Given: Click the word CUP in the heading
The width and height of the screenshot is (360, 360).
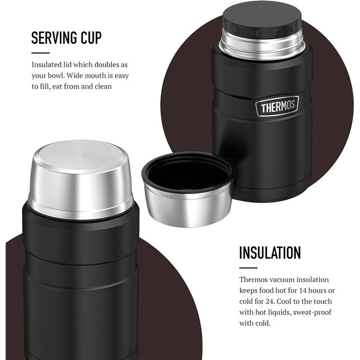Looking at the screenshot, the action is (x=91, y=38).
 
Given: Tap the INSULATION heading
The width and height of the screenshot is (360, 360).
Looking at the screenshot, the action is (x=270, y=253).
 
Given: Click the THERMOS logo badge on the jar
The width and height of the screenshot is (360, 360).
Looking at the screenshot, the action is (x=277, y=106).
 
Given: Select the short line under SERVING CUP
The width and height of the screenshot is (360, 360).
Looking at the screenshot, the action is (x=40, y=53).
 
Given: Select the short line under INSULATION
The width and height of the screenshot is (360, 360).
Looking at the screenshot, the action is (x=248, y=268).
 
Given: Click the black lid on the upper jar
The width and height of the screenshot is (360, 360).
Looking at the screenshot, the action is (x=262, y=18).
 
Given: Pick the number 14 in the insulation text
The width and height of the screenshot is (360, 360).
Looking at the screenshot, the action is (x=303, y=291).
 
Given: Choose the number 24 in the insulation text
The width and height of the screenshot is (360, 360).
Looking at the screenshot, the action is (x=270, y=301).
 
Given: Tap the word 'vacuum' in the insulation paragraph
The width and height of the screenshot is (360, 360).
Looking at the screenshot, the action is (x=282, y=279).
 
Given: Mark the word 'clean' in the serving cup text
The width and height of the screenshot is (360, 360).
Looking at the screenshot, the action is (x=103, y=86).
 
